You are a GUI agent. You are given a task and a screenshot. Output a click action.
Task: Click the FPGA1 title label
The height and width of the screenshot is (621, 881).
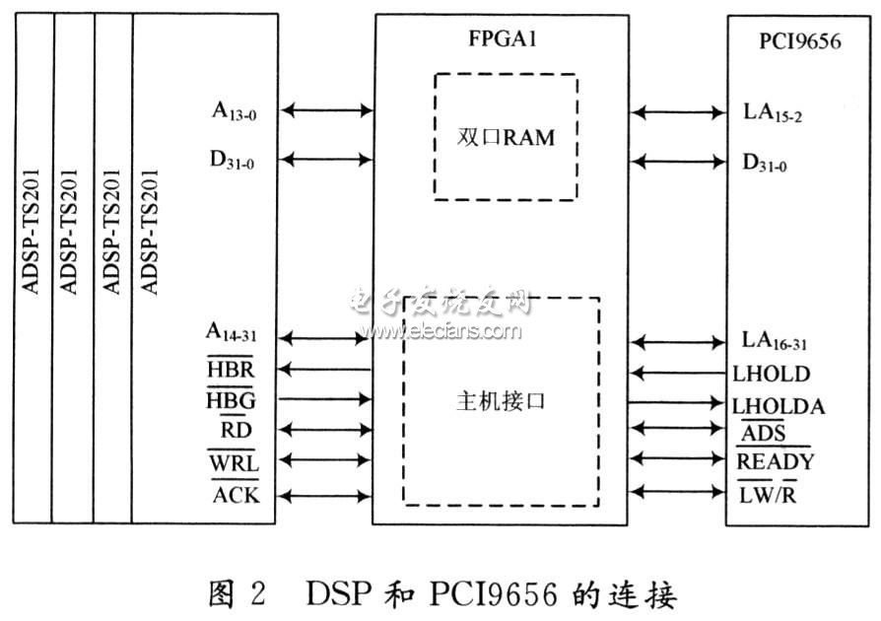pyautogui.click(x=501, y=42)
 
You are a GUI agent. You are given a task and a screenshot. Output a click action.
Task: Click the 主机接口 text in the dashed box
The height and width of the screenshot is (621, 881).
pyautogui.click(x=501, y=403)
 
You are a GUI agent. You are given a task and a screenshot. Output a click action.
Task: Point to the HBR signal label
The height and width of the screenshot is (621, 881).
pyautogui.click(x=230, y=369)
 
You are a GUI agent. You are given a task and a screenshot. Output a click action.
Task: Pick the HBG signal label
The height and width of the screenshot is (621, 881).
pyautogui.click(x=230, y=399)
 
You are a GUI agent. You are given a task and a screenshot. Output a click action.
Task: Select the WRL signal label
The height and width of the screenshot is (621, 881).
pyautogui.click(x=232, y=461)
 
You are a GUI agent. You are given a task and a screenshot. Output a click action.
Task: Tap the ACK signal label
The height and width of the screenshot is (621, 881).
pyautogui.click(x=237, y=494)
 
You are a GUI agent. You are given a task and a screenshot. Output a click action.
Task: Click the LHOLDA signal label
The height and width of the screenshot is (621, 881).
pyautogui.click(x=779, y=405)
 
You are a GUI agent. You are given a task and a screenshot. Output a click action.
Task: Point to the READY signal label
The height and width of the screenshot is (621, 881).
pyautogui.click(x=776, y=461)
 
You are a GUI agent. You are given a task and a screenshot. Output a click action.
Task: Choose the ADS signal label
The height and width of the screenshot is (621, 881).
pyautogui.click(x=764, y=434)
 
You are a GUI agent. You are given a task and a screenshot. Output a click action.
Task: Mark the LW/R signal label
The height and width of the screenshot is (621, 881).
pyautogui.click(x=768, y=493)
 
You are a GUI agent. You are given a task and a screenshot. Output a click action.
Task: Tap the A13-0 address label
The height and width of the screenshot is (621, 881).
pyautogui.click(x=234, y=111)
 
